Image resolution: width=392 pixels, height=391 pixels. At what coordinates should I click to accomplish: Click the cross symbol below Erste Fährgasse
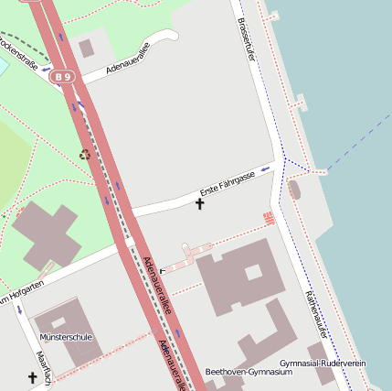200,203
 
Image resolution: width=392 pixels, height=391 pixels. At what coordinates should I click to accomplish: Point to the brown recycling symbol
85,155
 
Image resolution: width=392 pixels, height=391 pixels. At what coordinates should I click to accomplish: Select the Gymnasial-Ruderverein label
323,364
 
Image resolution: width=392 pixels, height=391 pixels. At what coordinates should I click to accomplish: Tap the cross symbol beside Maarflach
33,377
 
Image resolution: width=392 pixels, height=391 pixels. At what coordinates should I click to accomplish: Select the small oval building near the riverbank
293,190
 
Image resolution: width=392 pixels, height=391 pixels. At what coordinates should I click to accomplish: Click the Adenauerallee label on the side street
127,57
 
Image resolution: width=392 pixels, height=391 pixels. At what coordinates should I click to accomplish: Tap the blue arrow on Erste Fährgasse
265,169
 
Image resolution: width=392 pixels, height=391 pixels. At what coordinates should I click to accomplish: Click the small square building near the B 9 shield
87,48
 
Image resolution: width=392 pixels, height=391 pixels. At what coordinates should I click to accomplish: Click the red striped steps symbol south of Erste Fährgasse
269,218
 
